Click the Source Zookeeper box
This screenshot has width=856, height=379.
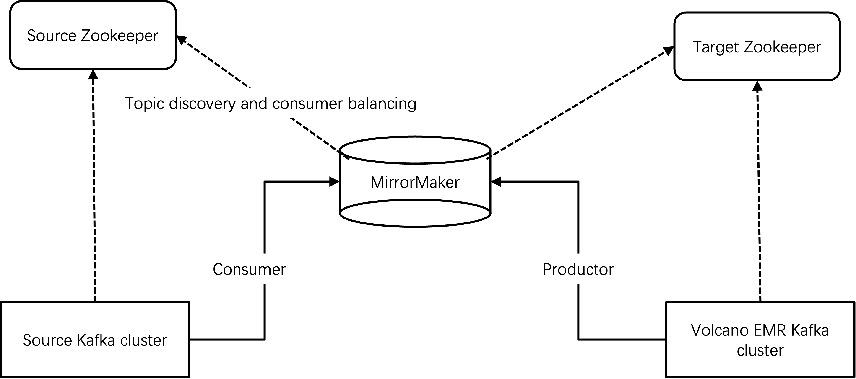tap(93, 35)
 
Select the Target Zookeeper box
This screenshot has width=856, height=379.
tap(757, 46)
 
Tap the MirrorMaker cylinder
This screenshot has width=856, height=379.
tap(415, 182)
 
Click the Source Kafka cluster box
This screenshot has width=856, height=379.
tap(95, 340)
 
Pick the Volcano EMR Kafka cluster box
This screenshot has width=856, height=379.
tap(760, 340)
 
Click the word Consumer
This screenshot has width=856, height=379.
tap(249, 269)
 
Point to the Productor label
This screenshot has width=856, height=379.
tap(578, 269)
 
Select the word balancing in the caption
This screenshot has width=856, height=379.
tap(382, 104)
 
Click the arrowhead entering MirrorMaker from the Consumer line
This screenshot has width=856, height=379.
tap(334, 182)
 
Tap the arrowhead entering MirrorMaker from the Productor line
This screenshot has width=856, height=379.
tap(496, 182)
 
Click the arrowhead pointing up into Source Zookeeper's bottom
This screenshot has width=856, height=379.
tap(93, 74)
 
